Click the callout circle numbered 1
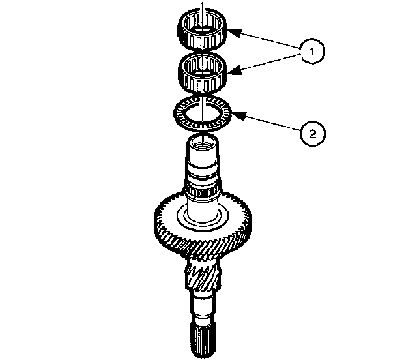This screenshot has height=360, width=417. click(x=313, y=51)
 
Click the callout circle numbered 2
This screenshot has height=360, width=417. click(x=313, y=134)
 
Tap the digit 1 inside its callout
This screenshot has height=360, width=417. click(x=313, y=51)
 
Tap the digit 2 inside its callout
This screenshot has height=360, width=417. click(x=313, y=134)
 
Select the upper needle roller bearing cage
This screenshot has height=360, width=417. click(x=203, y=29)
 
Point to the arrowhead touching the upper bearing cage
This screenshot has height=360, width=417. click(x=233, y=32)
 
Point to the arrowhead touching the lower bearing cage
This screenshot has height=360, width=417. click(x=234, y=71)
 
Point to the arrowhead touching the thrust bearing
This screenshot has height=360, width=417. click(x=238, y=115)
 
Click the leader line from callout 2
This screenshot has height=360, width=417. click(x=266, y=122)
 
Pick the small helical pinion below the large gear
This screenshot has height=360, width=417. click(x=203, y=275)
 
